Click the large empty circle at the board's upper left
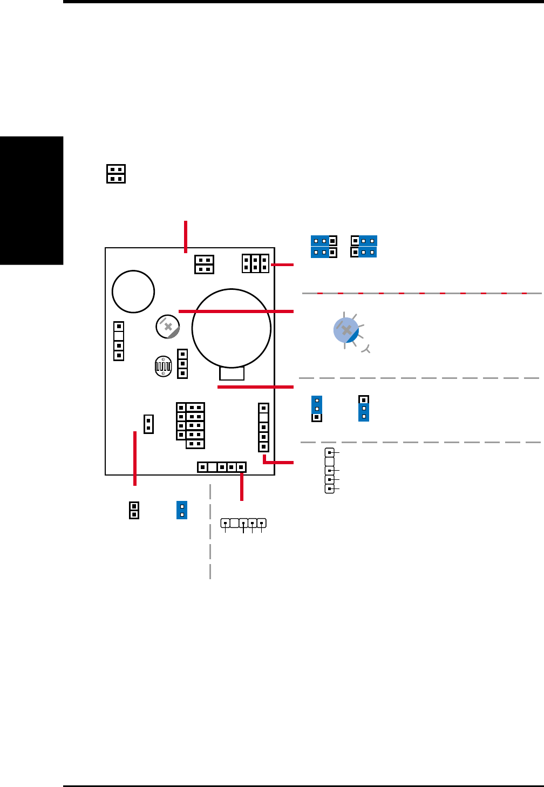tap(133, 291)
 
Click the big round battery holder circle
tap(232, 328)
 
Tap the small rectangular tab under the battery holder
tap(232, 374)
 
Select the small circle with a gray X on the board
tap(168, 327)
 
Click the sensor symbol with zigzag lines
tap(162, 366)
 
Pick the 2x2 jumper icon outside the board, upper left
tap(116, 174)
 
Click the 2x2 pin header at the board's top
tap(204, 264)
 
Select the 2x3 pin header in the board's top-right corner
tap(255, 263)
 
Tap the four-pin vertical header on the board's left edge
tap(119, 341)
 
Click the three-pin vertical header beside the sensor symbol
tap(182, 364)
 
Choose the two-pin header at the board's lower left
tap(148, 424)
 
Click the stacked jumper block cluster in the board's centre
tap(191, 425)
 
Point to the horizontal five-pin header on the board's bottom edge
tap(222, 467)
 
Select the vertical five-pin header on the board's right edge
tap(263, 427)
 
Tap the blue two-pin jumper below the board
tap(182, 510)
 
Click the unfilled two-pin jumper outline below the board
tap(134, 510)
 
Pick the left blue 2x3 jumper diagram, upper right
tap(324, 247)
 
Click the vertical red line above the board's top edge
tap(186, 236)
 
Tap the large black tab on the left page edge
tap(31, 200)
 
